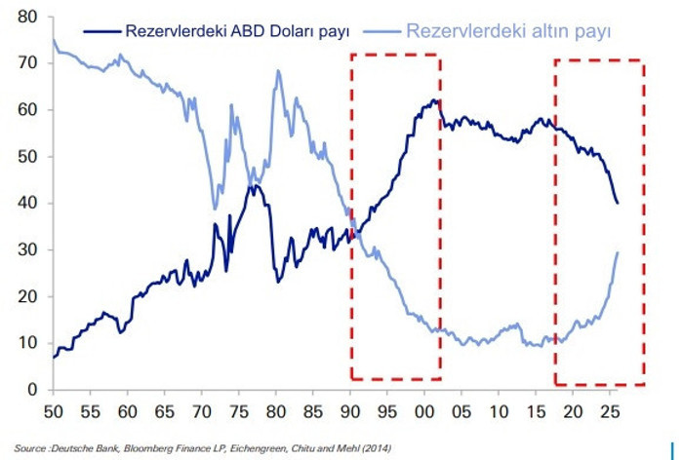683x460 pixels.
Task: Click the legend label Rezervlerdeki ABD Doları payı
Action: pyautogui.click(x=238, y=32)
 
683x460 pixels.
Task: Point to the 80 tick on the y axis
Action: pyautogui.click(x=28, y=18)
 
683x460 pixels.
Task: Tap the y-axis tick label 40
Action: pyautogui.click(x=28, y=204)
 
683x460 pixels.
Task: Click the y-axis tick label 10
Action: pyautogui.click(x=28, y=344)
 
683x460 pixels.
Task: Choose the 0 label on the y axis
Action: pyautogui.click(x=32, y=391)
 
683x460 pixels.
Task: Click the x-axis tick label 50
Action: pyautogui.click(x=54, y=411)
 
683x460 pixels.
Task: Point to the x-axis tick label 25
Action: pyautogui.click(x=612, y=411)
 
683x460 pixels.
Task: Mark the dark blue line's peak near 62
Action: pyautogui.click(x=435, y=99)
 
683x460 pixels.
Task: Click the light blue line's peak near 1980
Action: pyautogui.click(x=278, y=71)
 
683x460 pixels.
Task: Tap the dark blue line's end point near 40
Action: pyautogui.click(x=618, y=203)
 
